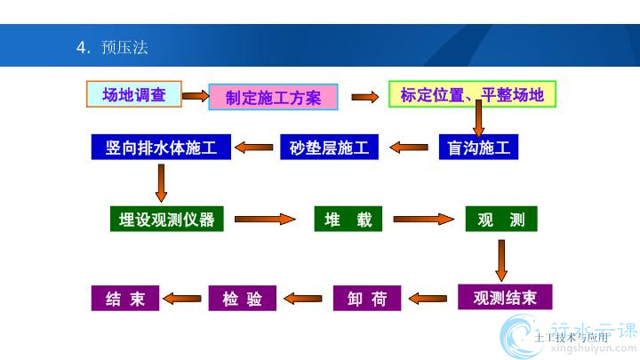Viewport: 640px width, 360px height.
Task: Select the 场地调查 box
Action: (x=134, y=94)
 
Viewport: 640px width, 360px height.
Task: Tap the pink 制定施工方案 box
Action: (x=273, y=97)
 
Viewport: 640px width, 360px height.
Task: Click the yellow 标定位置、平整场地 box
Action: (x=472, y=94)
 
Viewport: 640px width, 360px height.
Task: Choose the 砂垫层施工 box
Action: (x=330, y=147)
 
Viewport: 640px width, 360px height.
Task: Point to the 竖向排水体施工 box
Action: (x=161, y=147)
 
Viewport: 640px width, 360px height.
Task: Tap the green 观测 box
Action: (x=501, y=219)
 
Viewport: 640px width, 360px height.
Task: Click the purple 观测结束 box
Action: (x=505, y=297)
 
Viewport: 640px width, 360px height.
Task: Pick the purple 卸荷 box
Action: (x=367, y=298)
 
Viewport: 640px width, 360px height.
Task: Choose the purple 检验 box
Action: (x=242, y=298)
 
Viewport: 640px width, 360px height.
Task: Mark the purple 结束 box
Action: (x=124, y=298)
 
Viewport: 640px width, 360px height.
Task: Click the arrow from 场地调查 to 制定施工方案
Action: (x=195, y=93)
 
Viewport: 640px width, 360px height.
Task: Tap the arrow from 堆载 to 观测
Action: (x=423, y=219)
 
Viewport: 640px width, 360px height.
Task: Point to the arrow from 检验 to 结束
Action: (x=184, y=299)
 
